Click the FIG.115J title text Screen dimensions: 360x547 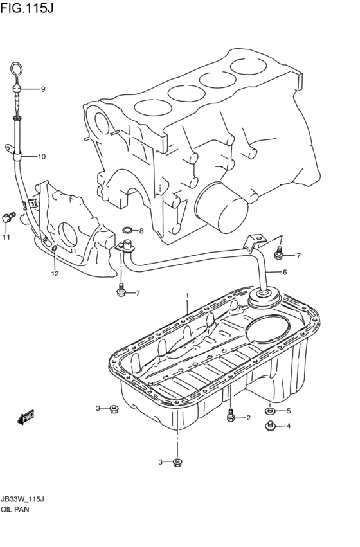(x=27, y=8)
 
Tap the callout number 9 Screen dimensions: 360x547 (x=43, y=89)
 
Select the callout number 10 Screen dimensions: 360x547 (x=42, y=157)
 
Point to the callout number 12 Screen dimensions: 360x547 (x=55, y=274)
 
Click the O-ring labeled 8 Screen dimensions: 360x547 (x=128, y=230)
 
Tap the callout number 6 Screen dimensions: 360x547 (x=285, y=272)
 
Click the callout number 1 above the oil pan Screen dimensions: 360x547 (x=187, y=296)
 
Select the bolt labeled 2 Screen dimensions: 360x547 (x=231, y=415)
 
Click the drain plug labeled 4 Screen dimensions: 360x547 (x=269, y=426)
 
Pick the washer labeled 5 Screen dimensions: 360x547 (x=269, y=411)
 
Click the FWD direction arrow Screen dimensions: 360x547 (x=25, y=417)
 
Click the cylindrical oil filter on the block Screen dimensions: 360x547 (x=222, y=208)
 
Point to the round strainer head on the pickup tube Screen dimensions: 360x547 (x=264, y=298)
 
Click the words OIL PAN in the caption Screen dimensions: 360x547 (x=15, y=509)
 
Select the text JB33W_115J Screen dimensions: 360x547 (x=22, y=499)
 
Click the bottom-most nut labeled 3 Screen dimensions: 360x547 (x=177, y=463)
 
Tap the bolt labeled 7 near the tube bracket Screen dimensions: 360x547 (x=279, y=254)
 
